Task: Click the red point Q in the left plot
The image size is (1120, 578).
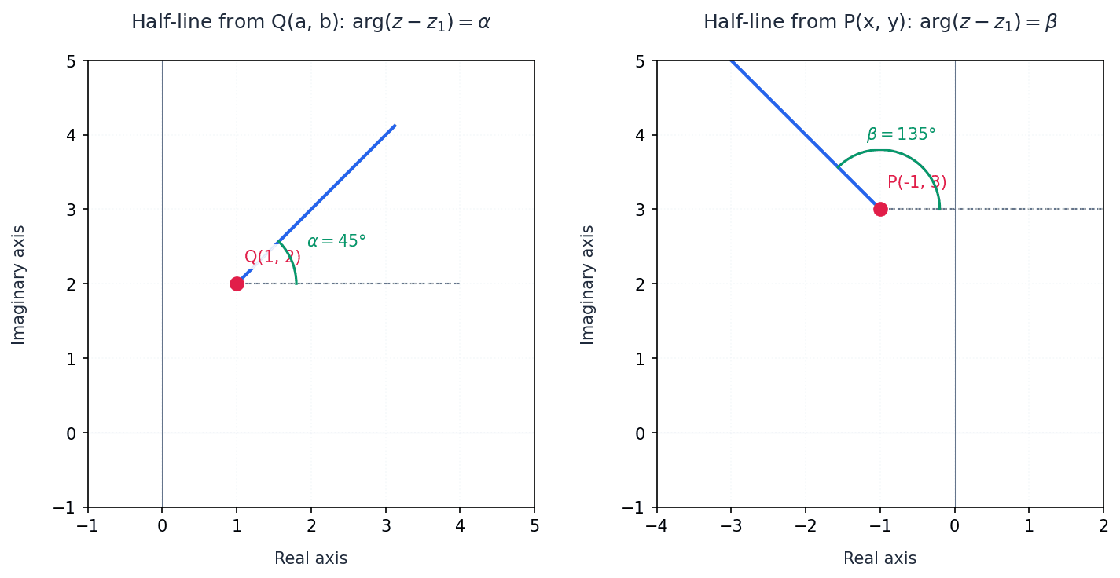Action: point(237,284)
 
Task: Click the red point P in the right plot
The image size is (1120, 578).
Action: point(880,209)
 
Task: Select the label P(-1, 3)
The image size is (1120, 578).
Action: point(916,182)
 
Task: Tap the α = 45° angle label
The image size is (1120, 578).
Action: point(336,241)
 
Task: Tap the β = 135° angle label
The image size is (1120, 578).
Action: point(901,134)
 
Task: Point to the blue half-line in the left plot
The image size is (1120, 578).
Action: point(338,181)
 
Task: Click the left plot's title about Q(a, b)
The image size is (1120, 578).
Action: point(310,22)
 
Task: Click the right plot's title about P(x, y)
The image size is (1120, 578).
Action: point(879,22)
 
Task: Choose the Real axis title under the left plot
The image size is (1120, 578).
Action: point(310,558)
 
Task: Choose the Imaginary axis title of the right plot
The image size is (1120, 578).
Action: point(588,284)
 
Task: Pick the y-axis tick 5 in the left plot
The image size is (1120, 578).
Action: point(72,60)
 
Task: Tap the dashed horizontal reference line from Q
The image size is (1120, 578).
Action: point(377,284)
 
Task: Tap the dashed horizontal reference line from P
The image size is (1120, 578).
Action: point(1022,209)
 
